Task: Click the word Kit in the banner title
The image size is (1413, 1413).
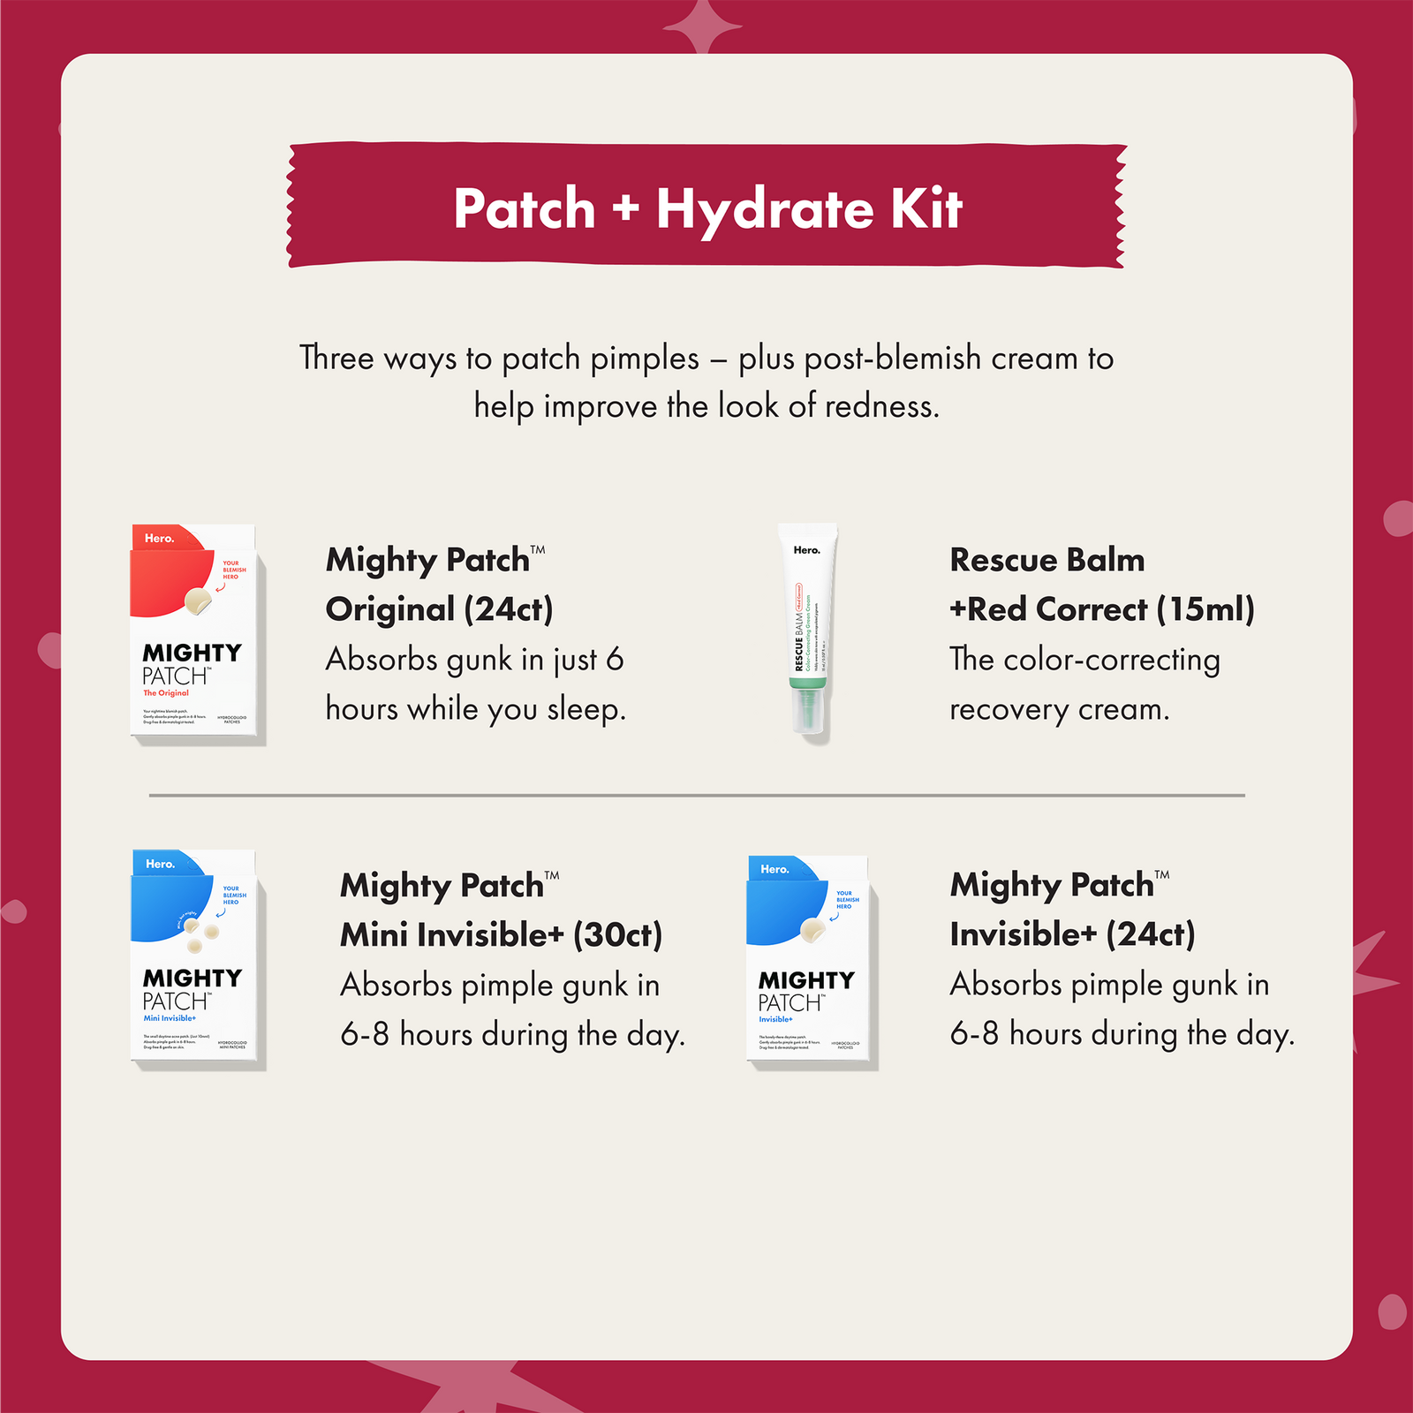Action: pyautogui.click(x=926, y=209)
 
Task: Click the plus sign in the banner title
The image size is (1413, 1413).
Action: pyautogui.click(x=624, y=209)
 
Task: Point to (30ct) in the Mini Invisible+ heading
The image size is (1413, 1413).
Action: pyautogui.click(x=617, y=935)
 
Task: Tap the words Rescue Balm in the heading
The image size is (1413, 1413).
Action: pyautogui.click(x=1047, y=560)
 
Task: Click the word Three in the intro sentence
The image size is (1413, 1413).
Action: pyautogui.click(x=337, y=359)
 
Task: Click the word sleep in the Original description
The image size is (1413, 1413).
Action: pyautogui.click(x=585, y=709)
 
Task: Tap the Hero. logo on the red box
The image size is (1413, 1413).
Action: pyautogui.click(x=160, y=538)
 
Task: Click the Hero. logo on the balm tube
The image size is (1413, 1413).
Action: pyautogui.click(x=806, y=550)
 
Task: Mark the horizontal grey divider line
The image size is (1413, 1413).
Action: pyautogui.click(x=697, y=795)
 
